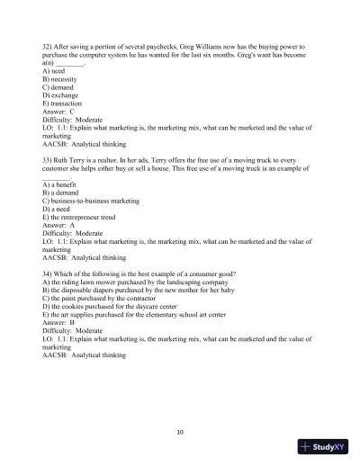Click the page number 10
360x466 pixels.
pos(180,432)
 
